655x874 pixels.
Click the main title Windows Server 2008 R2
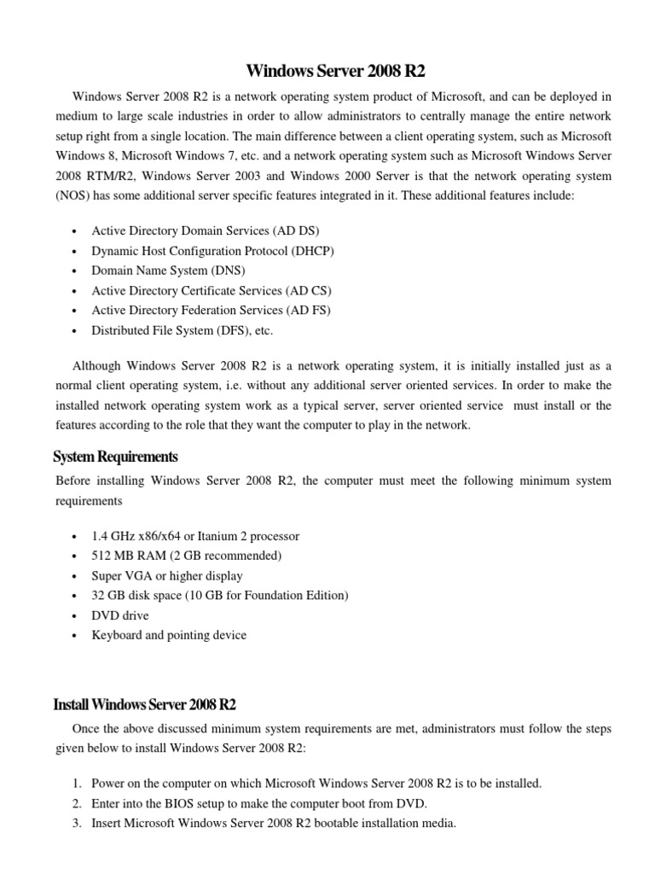coord(335,70)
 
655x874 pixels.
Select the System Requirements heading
coord(116,457)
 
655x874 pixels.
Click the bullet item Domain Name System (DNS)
coord(168,271)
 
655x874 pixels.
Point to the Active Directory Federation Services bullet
coord(211,310)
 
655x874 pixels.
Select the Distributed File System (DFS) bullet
coord(182,330)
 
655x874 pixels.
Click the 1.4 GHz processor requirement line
coord(195,536)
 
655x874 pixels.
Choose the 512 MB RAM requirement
coord(186,556)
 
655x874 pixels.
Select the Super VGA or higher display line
coord(167,575)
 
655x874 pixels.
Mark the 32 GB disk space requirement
coord(220,595)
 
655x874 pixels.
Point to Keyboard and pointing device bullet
coord(169,634)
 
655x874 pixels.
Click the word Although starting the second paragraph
coord(98,365)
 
